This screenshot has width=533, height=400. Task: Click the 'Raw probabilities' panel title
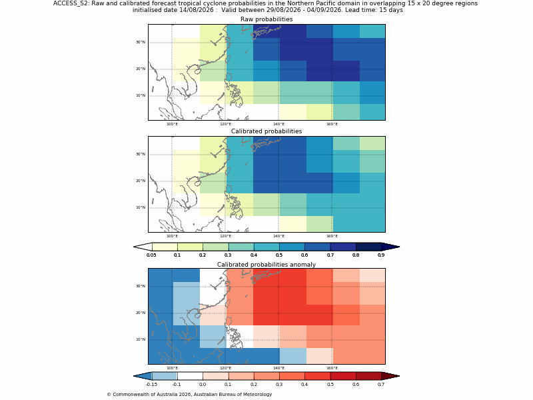pos(266,19)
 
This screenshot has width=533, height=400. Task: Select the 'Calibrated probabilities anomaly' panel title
pos(266,265)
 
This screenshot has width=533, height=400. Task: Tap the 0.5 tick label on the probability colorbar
pos(279,255)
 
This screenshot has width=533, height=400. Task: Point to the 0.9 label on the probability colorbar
pos(381,255)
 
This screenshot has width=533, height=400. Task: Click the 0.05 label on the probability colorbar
pos(151,255)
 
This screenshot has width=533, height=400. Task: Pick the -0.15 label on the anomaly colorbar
pos(151,385)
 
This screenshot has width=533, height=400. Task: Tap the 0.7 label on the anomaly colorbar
pos(381,385)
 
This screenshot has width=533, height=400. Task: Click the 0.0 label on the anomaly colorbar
pos(203,385)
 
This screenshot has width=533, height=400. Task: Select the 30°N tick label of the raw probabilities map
pos(141,42)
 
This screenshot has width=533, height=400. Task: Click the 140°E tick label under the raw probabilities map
pos(278,124)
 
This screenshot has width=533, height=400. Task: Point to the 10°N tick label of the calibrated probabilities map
pos(141,207)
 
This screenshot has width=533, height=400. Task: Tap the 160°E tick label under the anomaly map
pos(332,368)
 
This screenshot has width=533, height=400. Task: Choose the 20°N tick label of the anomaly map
pos(141,313)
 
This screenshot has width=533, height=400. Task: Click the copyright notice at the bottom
pos(189,395)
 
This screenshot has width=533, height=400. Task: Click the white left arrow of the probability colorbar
pos(143,247)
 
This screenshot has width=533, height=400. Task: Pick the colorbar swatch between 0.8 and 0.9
pos(368,247)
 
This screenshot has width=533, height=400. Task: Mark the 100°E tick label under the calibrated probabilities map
pos(172,236)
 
